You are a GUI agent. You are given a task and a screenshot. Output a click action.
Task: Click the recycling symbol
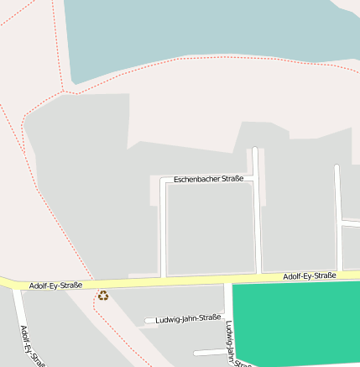103,295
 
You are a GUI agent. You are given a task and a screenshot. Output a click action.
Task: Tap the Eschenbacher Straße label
209,179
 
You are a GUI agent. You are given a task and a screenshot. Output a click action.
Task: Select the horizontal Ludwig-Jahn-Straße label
188,317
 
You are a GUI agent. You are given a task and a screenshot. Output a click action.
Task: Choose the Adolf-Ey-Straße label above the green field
309,276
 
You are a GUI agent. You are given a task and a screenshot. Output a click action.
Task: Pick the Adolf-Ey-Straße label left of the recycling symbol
55,286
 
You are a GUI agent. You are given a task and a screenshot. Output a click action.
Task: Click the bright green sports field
299,322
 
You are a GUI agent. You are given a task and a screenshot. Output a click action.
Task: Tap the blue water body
210,34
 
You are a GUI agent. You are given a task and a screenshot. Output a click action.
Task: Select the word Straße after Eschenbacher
232,179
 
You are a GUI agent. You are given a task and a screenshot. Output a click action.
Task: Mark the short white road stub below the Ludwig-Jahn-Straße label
210,353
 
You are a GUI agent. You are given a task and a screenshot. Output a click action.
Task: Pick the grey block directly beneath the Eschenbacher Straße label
210,227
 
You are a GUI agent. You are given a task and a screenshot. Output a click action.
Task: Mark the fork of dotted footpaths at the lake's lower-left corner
64,89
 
